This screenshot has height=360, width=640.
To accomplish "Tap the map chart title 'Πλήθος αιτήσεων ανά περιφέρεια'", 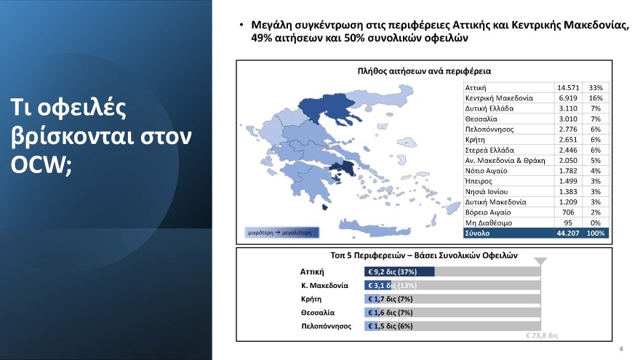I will [x=425, y=71].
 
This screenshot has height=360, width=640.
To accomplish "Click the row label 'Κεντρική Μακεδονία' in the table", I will [x=499, y=97].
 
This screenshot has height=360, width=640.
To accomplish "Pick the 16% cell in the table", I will [x=596, y=97].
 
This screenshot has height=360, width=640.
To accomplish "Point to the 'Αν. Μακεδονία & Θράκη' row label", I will [x=504, y=159].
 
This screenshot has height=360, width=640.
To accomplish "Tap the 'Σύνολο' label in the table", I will [x=478, y=233].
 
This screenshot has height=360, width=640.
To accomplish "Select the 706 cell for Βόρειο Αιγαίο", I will [x=569, y=212].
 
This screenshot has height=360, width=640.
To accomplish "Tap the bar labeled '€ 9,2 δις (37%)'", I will [x=399, y=271].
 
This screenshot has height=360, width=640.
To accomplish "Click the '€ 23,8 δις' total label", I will [x=541, y=337].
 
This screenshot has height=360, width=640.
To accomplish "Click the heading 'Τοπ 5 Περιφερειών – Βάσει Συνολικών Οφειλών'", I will [x=423, y=257].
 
